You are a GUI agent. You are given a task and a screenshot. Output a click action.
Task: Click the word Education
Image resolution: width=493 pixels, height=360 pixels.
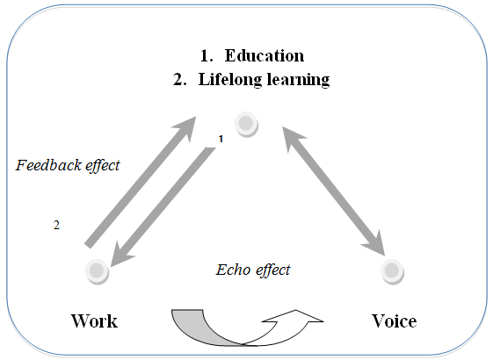point(265,55)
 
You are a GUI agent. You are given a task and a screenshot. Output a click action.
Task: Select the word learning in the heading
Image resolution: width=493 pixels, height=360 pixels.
point(299,80)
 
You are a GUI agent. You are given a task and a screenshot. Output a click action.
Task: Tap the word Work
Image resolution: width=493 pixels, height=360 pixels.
point(94,321)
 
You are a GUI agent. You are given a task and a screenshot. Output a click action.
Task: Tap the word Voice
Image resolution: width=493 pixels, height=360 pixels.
point(395,321)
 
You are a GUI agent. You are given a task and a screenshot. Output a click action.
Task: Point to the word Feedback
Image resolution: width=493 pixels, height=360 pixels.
point(48,165)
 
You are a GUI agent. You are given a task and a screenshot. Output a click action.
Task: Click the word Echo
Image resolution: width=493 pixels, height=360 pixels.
point(233,270)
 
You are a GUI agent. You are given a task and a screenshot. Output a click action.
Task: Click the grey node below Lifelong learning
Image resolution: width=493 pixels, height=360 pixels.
point(246,124)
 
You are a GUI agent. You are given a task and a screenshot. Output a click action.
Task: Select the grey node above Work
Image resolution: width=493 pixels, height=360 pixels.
point(98,271)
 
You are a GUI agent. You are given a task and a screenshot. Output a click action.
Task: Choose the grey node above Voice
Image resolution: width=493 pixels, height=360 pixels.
point(392,271)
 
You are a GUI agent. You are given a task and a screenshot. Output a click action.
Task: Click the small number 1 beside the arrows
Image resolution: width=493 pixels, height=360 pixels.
point(221,139)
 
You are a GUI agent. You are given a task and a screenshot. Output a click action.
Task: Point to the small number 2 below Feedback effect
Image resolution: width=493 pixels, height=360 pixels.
point(56,226)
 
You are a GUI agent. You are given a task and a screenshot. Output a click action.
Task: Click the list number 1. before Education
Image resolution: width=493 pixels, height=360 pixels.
point(207,56)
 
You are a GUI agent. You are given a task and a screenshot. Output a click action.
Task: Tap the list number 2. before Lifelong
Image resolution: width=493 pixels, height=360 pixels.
point(180,80)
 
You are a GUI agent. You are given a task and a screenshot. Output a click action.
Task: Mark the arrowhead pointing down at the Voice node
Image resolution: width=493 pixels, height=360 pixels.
point(376,243)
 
